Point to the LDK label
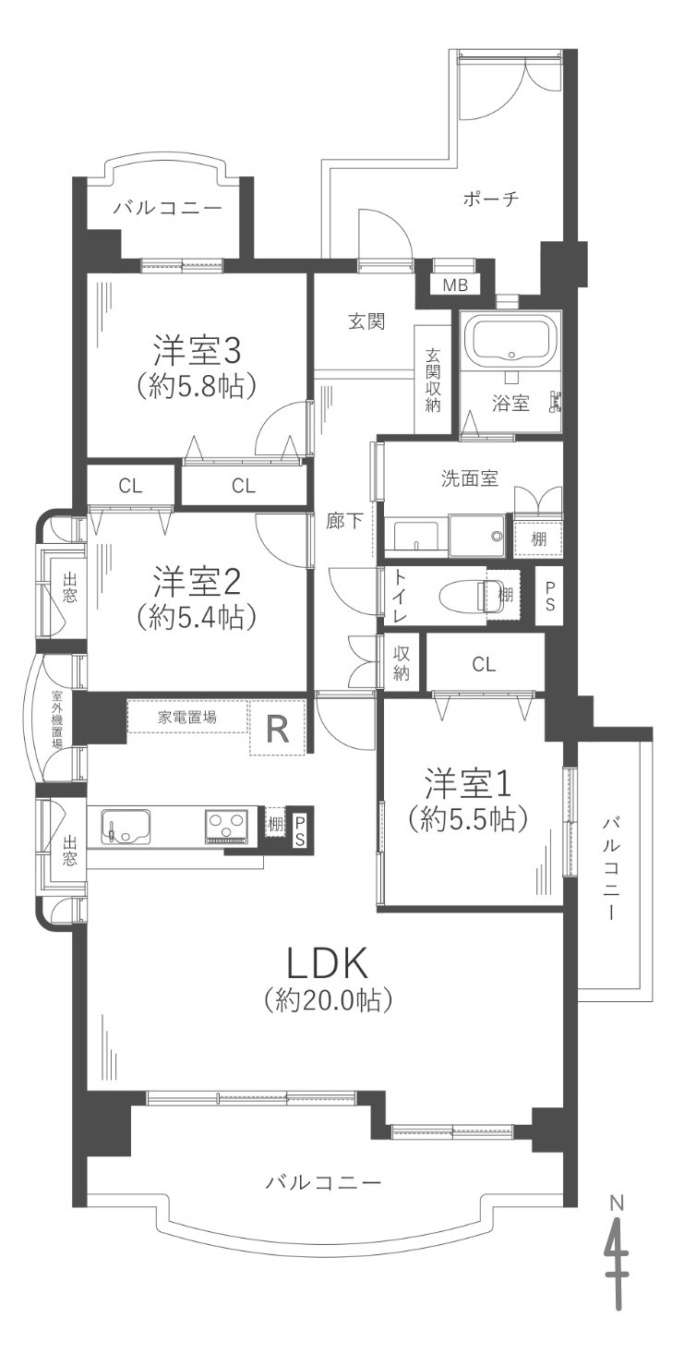tap(326, 963)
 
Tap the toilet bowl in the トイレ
tap(462, 597)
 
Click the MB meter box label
tap(455, 284)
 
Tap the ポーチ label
tap(490, 199)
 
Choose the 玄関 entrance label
tap(366, 321)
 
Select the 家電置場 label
tap(186, 718)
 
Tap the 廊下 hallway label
tap(344, 521)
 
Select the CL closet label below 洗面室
tap(484, 665)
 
